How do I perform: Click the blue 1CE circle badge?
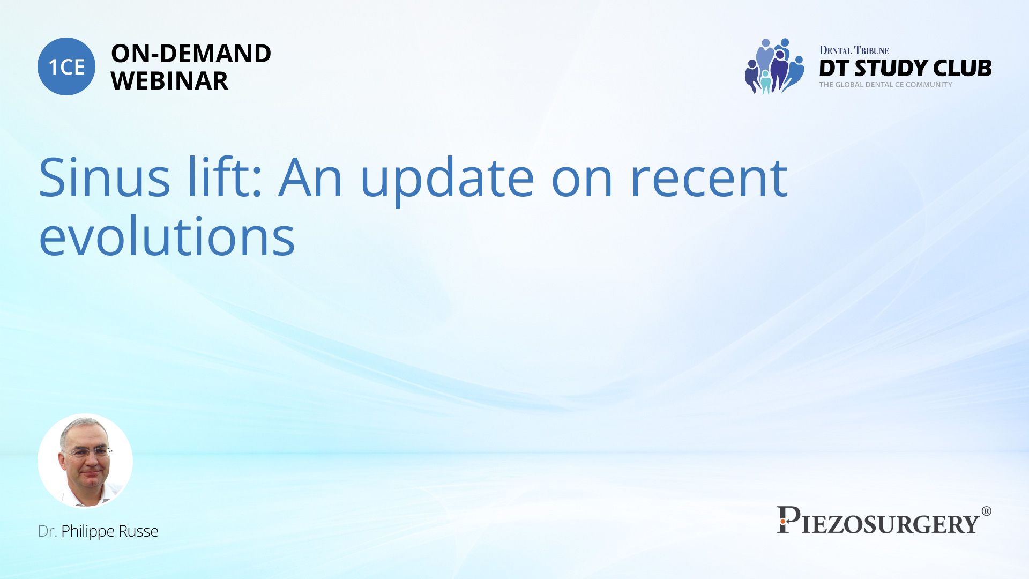66,66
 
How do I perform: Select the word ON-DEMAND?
191,54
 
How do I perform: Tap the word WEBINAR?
169,81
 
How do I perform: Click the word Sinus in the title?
105,177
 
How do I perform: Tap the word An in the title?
310,177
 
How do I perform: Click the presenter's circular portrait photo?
85,461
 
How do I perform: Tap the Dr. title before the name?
47,531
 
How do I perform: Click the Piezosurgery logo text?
878,521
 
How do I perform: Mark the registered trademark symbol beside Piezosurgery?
986,511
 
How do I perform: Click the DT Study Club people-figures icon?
774,66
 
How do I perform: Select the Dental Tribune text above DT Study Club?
854,50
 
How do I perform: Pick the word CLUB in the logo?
963,68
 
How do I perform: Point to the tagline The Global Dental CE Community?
885,85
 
